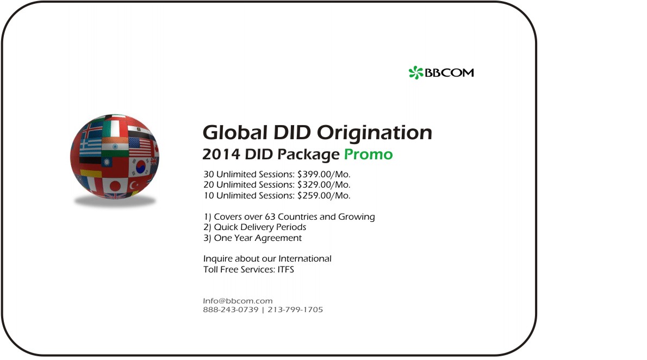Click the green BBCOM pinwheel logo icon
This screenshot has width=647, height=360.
coord(416,73)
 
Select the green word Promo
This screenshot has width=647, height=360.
coord(369,154)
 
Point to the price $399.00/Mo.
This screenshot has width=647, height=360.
coord(323,174)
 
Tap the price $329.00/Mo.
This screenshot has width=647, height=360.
coord(323,184)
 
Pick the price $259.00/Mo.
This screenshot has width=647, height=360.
coord(323,195)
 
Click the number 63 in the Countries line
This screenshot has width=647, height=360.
coord(270,217)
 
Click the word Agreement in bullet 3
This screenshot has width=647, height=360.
coord(278,238)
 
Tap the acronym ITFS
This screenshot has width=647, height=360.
coord(285,270)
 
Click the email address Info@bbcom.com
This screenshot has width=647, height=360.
coord(238,301)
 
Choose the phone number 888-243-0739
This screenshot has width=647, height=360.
coord(231,309)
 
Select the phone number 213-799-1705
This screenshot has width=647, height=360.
coord(295,309)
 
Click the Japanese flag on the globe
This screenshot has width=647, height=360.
coord(115,185)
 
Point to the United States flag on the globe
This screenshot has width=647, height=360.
coord(140,147)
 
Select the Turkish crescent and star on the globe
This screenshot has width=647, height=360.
coord(134,185)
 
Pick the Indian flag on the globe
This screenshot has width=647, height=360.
coord(115,147)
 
